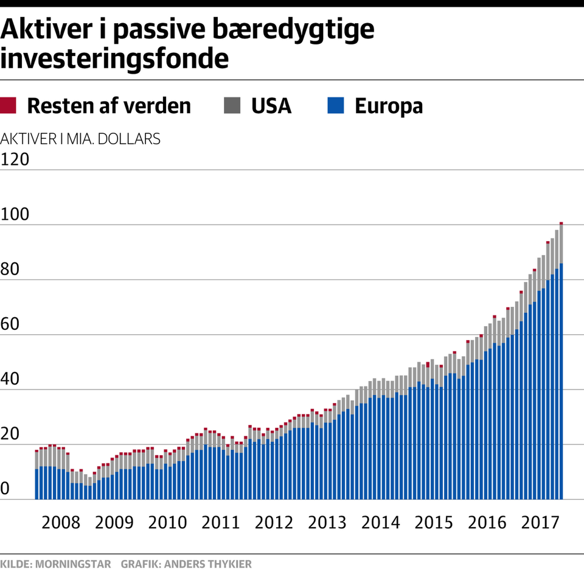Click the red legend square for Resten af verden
coord(9,106)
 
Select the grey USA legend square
coord(232,106)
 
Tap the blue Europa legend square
coord(336,106)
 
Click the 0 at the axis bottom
coord(5,488)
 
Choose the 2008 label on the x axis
coord(60,523)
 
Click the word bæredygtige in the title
coord(297,30)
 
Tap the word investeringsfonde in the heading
coord(115,59)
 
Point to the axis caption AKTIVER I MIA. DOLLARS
coord(81,138)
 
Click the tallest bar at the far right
coord(561,365)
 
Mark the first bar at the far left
coord(36,475)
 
